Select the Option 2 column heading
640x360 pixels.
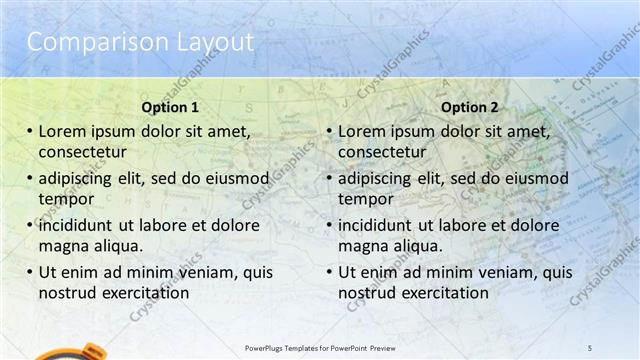[470, 107]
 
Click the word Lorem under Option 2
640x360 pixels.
[363, 130]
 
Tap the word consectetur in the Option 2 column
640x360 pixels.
[381, 152]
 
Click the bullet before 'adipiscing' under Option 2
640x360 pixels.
[329, 178]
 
